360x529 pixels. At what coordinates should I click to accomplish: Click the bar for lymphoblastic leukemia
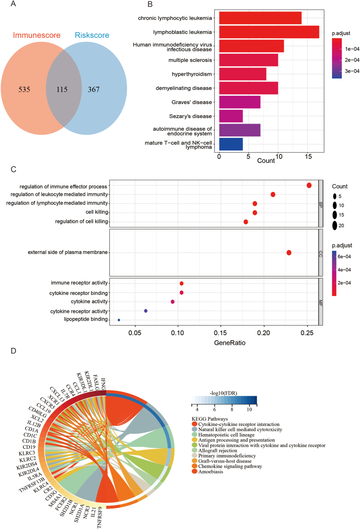[x=269, y=32]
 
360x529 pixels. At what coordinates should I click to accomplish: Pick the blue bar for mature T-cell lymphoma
[x=231, y=144]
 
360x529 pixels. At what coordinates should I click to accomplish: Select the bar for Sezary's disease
[x=231, y=116]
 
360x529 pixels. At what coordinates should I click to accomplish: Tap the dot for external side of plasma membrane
[x=289, y=253]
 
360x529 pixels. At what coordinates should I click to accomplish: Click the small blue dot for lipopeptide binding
[x=119, y=320]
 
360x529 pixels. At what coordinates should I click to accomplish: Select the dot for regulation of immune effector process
[x=309, y=185]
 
